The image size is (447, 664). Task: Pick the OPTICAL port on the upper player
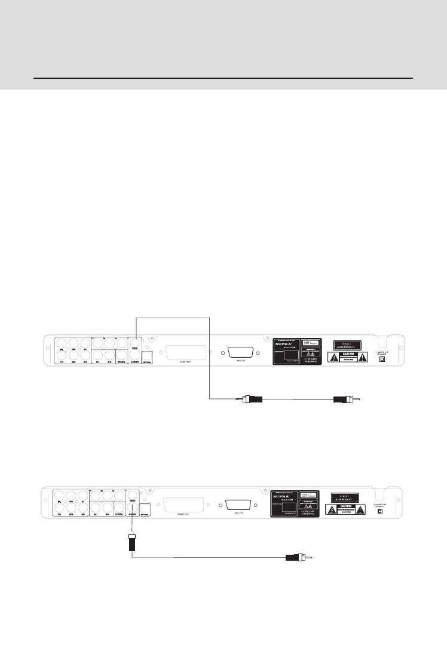tap(148, 358)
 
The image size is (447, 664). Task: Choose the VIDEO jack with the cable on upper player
tap(136, 345)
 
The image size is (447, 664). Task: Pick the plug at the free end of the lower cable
tap(296, 559)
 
